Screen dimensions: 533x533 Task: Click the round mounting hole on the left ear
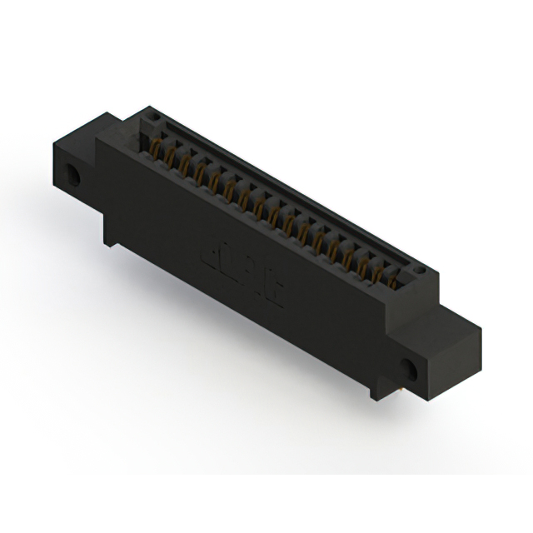(75, 176)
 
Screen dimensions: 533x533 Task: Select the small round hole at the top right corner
(420, 271)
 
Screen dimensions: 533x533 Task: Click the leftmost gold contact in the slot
(155, 150)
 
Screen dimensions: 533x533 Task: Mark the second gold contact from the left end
(169, 157)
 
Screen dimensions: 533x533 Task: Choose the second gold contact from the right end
(377, 271)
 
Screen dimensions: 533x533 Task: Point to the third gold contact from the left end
(184, 165)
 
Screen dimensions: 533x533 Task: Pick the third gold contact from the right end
(362, 263)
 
